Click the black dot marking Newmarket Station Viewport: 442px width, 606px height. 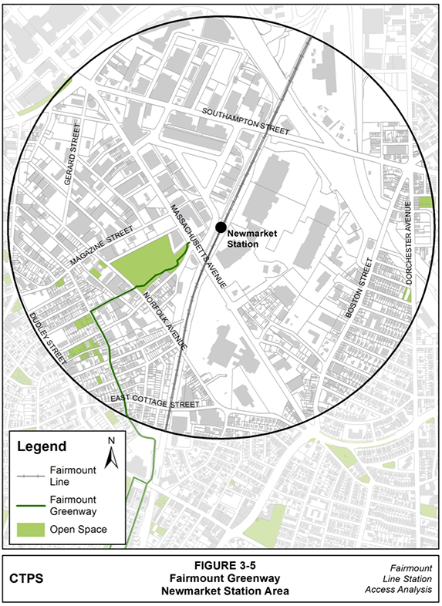(221, 227)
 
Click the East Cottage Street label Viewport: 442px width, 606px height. (155, 402)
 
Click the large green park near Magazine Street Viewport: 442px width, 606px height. (143, 260)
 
